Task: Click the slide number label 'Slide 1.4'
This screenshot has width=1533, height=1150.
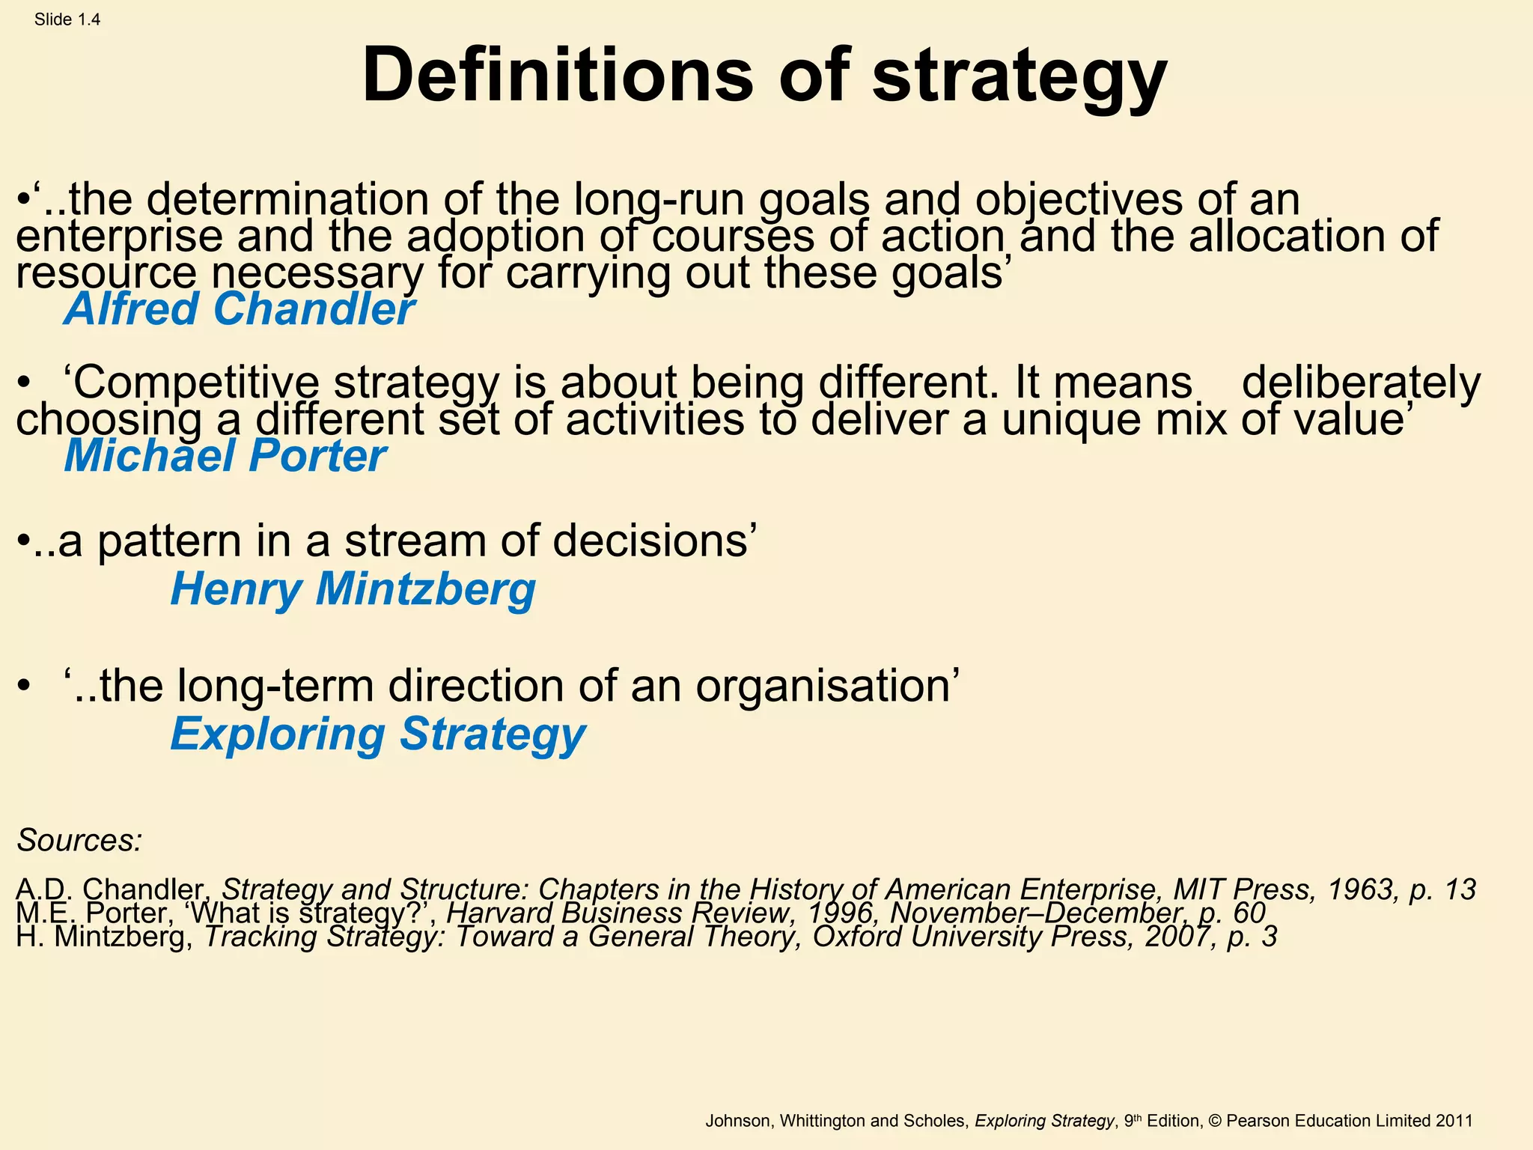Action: pyautogui.click(x=67, y=20)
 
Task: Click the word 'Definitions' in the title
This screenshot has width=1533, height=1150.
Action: pyautogui.click(x=558, y=76)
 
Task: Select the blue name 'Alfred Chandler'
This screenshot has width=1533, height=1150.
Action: pyautogui.click(x=239, y=308)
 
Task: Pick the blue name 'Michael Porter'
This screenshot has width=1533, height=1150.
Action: pyautogui.click(x=225, y=455)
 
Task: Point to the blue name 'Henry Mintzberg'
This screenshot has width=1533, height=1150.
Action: pyautogui.click(x=353, y=588)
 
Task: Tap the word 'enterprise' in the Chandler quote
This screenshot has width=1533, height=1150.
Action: pyautogui.click(x=120, y=236)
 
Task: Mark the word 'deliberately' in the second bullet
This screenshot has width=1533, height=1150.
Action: pyautogui.click(x=1361, y=383)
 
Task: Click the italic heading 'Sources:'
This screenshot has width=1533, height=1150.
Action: pyautogui.click(x=79, y=840)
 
